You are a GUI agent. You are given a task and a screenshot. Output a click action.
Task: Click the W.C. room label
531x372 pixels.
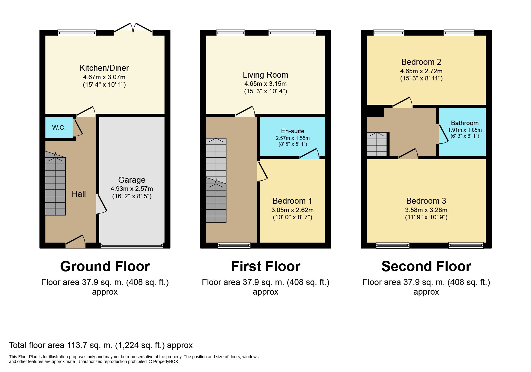pos(59,127)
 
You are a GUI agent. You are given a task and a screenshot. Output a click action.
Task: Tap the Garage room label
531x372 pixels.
pos(132,180)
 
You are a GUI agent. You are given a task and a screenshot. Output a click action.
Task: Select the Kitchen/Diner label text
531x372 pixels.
pos(104,68)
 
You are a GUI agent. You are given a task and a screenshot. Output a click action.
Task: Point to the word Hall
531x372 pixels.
pos(79,194)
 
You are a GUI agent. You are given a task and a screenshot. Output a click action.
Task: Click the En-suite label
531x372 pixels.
pos(293,131)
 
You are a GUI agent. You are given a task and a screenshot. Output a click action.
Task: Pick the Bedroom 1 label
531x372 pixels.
pos(292,201)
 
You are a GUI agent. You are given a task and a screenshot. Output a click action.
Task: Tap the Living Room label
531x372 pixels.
pos(265,75)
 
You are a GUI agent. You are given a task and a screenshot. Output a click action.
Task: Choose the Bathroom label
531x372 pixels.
pos(465,123)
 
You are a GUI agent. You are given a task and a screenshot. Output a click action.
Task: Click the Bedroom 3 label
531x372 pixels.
pos(426,201)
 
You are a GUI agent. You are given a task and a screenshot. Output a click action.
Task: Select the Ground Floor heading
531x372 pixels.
pos(105,266)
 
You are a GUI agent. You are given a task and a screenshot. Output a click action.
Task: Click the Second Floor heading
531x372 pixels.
pos(426,266)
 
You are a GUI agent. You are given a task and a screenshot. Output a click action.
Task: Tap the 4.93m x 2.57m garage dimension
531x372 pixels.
pos(132,189)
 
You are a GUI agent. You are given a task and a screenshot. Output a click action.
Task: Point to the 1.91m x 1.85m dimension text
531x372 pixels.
pos(465,130)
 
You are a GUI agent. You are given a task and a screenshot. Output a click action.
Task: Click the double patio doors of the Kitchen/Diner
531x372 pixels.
pos(133,27)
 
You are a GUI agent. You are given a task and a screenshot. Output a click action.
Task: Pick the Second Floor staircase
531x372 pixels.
pos(377,144)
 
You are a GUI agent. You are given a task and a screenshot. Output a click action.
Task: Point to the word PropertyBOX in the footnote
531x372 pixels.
pos(166,362)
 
